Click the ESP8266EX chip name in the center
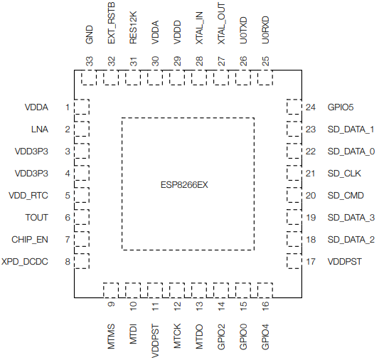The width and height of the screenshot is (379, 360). point(184,185)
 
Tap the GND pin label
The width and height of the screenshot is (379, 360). point(89,35)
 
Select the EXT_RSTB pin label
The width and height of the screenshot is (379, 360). point(111,23)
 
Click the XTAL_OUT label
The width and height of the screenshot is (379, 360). point(221,23)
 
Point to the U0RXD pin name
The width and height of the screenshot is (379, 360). point(265,30)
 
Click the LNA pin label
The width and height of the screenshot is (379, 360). point(40,129)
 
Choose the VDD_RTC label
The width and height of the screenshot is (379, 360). point(28,196)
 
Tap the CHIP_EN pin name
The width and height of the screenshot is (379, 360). point(30,240)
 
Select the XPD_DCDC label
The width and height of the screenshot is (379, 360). point(25,262)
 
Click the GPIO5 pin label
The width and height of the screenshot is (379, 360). point(341,107)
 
